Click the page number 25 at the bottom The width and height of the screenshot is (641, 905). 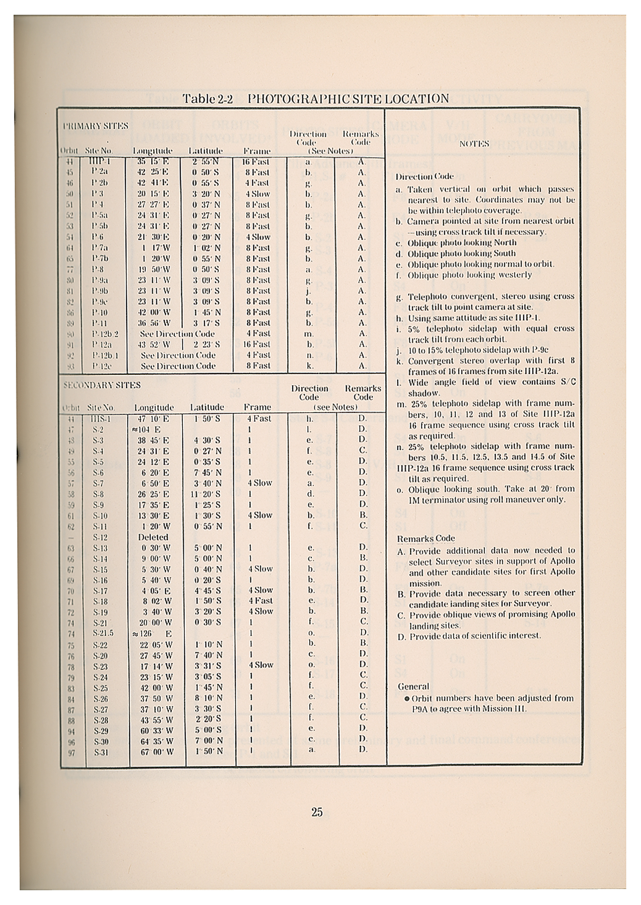point(317,812)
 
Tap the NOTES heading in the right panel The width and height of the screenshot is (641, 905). point(474,144)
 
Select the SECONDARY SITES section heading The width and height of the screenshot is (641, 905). point(102,385)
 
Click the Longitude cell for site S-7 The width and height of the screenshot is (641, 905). point(154,483)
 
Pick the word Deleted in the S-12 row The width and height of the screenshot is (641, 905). point(153,537)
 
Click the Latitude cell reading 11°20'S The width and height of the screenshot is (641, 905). point(206,494)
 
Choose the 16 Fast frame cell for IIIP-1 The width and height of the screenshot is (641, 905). point(256,162)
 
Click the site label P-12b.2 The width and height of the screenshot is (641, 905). point(105,334)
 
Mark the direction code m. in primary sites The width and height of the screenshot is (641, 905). point(309,334)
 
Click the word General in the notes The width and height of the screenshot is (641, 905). point(413,686)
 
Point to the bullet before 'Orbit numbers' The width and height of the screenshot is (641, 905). point(407,698)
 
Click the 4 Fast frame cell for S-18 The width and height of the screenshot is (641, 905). point(260,601)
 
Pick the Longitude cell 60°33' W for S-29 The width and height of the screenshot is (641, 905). point(156,731)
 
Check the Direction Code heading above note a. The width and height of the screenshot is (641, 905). point(424,177)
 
